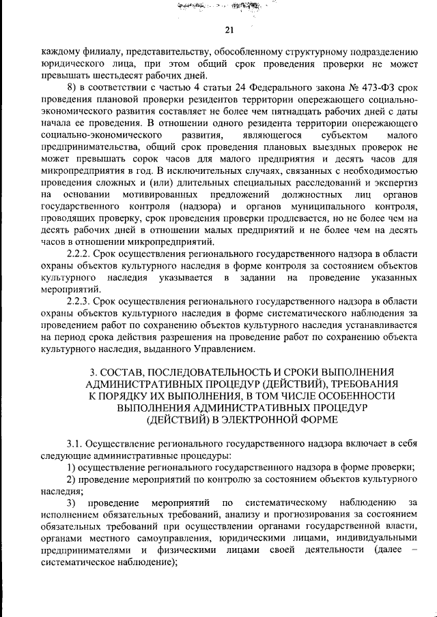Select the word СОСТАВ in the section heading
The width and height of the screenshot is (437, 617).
tap(124, 372)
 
